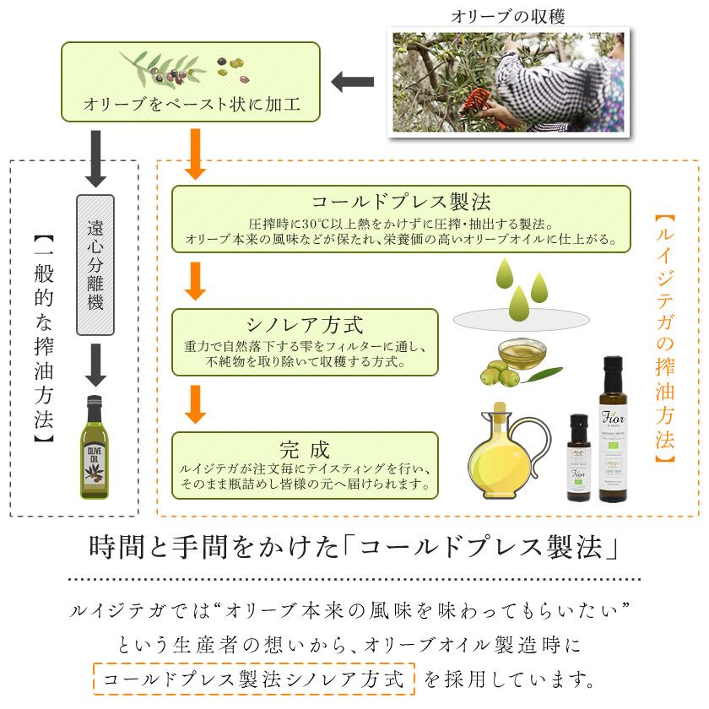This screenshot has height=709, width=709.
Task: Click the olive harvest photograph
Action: tap(509, 82)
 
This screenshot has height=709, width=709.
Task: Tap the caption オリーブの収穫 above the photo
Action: tap(507, 16)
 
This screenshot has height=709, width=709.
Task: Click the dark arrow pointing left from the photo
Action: tap(352, 82)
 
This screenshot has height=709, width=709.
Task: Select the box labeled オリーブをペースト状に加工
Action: tap(191, 82)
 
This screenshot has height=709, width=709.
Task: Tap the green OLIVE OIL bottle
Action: tap(95, 447)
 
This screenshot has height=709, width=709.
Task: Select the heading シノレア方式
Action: tap(306, 324)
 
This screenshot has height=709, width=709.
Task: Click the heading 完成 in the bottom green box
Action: tap(305, 447)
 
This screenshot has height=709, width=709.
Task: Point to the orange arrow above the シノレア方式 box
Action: tap(195, 281)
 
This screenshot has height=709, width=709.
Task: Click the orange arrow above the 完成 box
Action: tap(195, 403)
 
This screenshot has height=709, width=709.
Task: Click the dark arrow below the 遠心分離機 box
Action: tap(95, 365)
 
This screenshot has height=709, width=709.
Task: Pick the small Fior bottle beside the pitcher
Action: tap(578, 457)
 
